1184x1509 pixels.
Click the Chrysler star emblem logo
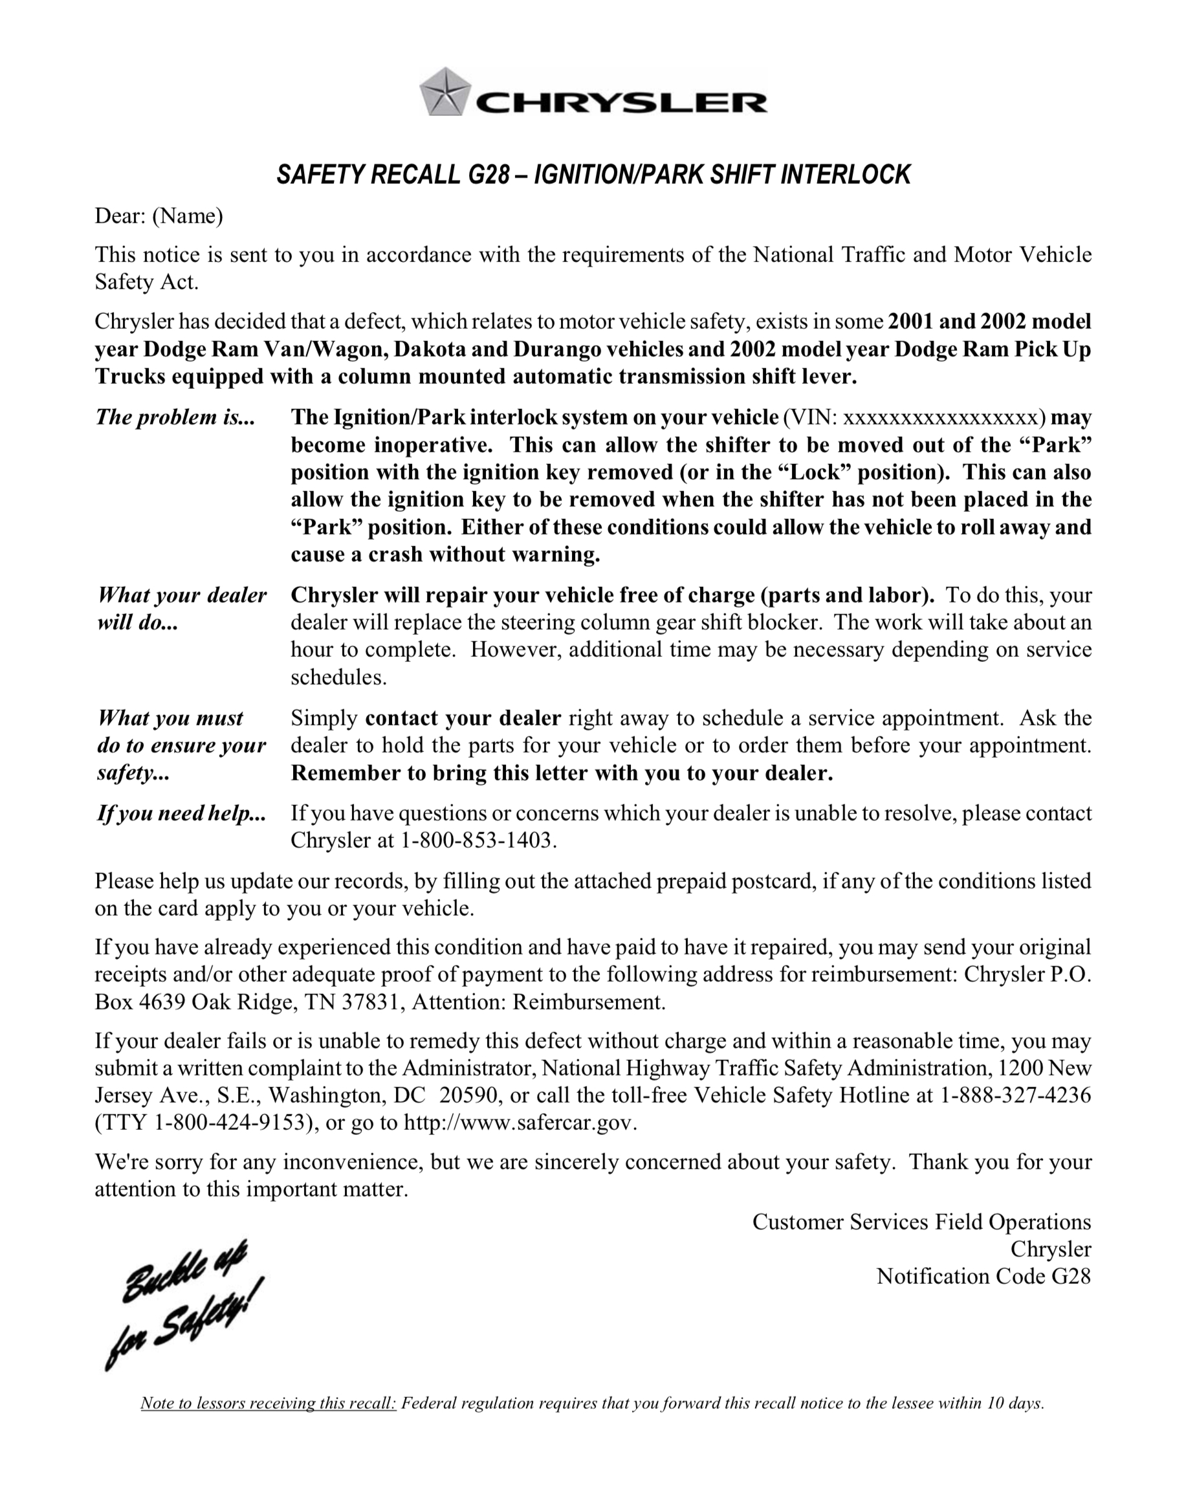point(445,92)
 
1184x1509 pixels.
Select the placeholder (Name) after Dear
point(188,216)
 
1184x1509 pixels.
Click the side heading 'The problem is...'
point(175,417)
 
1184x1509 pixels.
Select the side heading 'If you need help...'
point(182,813)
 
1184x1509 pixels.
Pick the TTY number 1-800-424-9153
point(230,1123)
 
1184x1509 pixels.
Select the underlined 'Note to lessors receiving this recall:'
point(269,1403)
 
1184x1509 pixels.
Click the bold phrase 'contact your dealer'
point(463,718)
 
